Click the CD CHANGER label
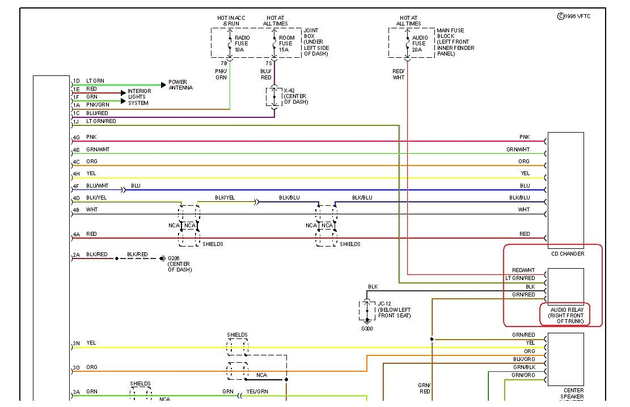click(x=567, y=254)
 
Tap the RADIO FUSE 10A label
click(x=242, y=44)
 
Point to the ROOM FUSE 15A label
click(x=286, y=44)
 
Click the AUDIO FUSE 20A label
click(x=419, y=44)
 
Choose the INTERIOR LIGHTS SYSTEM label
click(x=139, y=97)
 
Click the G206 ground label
click(x=180, y=264)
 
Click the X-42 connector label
click(x=295, y=96)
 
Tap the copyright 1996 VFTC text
click(x=574, y=16)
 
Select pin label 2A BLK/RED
click(x=90, y=255)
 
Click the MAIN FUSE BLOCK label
click(x=455, y=42)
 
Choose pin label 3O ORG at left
click(x=85, y=367)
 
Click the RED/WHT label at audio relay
click(x=523, y=270)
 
